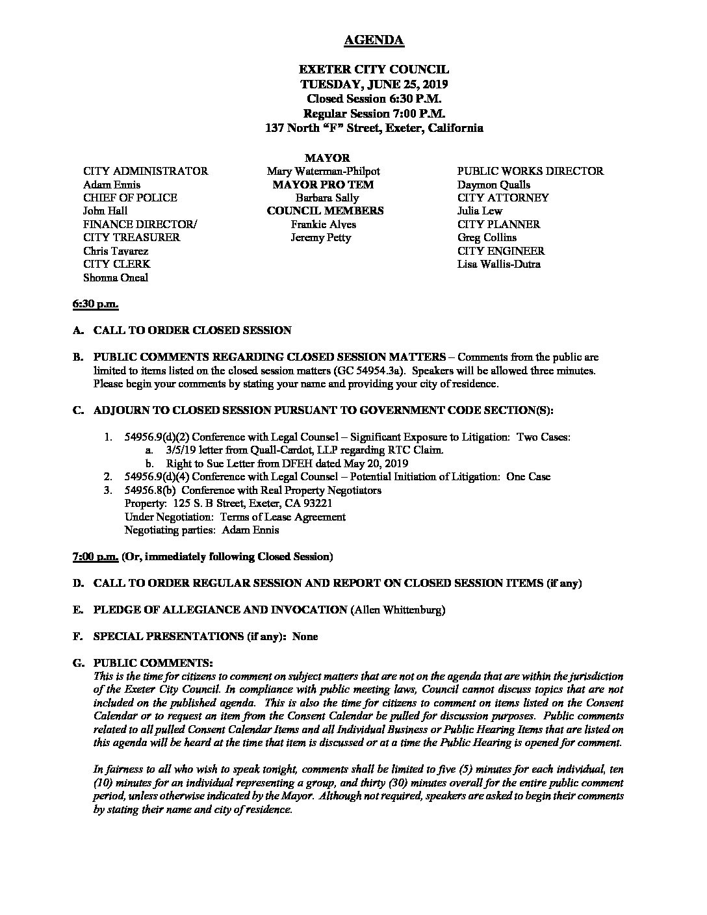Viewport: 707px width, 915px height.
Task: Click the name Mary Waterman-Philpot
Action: [323, 172]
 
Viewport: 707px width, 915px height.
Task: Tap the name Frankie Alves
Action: [324, 225]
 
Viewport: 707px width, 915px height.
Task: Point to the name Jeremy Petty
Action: [320, 238]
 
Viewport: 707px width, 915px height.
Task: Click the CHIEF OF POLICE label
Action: [130, 198]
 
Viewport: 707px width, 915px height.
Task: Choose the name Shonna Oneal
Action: [116, 277]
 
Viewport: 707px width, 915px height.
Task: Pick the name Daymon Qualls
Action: [494, 185]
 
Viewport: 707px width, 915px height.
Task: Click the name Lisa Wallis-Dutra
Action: [499, 264]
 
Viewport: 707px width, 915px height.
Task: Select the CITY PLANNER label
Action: [499, 225]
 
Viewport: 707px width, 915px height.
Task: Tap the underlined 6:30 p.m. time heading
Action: [95, 304]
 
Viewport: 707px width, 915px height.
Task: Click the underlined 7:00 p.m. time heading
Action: [95, 557]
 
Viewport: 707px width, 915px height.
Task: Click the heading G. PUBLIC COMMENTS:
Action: [143, 663]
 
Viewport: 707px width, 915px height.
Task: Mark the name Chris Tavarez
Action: [116, 251]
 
